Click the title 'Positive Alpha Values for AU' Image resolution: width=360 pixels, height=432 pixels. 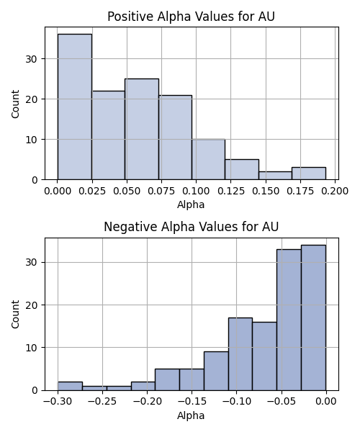(191, 17)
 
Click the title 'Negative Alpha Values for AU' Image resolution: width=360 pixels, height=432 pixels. (191, 227)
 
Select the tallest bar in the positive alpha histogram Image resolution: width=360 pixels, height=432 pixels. (75, 107)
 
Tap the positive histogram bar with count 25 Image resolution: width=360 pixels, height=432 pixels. (142, 129)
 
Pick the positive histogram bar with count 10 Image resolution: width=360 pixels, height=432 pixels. (209, 159)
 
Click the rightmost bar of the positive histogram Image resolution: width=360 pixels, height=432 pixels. (309, 174)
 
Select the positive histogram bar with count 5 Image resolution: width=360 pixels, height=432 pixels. (242, 169)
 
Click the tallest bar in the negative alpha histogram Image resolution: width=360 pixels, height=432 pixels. (313, 318)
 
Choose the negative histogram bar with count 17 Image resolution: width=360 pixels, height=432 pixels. (240, 354)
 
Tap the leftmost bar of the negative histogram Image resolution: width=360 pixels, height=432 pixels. (70, 386)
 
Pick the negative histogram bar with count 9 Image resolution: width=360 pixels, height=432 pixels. (216, 371)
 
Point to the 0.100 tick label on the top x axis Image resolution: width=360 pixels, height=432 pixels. (196, 191)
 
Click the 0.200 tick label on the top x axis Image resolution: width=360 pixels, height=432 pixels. (335, 191)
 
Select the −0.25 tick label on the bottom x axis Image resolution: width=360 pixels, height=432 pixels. (102, 401)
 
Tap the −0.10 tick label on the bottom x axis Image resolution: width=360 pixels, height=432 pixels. (237, 401)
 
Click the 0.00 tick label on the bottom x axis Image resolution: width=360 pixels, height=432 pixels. (326, 401)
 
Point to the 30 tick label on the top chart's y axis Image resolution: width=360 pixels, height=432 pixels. (32, 59)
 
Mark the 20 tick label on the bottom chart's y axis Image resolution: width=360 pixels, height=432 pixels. (32, 305)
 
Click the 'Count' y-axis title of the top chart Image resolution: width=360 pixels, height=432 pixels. (15, 104)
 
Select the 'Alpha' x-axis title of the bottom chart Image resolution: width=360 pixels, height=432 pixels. (191, 415)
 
